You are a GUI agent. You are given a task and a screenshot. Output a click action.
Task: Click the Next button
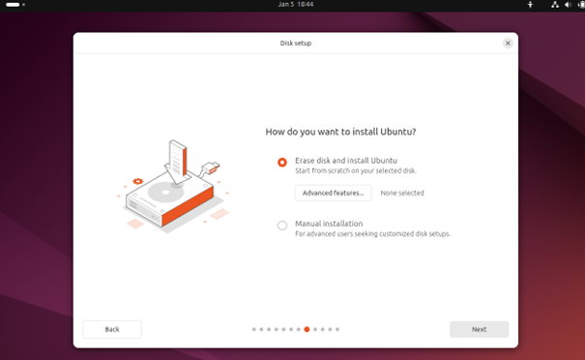[479, 329]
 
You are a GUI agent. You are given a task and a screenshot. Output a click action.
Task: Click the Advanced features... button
[334, 194]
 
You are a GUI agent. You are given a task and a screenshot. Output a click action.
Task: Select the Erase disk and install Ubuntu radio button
[282, 162]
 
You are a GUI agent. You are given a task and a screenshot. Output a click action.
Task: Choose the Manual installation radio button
[282, 225]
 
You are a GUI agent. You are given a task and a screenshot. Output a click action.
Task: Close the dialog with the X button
[508, 43]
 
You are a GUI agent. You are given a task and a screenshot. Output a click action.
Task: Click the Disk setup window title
[296, 43]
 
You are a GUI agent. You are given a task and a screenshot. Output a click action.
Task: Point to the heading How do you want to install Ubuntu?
[340, 132]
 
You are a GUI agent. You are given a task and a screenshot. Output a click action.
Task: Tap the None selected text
[402, 194]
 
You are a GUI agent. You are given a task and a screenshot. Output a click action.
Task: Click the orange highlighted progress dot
[307, 329]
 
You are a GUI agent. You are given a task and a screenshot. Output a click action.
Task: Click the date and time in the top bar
[296, 5]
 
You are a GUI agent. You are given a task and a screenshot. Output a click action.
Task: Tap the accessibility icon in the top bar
[530, 5]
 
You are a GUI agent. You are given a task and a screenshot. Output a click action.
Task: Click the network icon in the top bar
[555, 5]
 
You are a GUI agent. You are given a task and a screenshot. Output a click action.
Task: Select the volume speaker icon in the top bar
[569, 5]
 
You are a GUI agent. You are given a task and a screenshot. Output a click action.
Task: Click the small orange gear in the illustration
[137, 181]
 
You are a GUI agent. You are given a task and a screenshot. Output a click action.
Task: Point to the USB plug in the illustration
[211, 167]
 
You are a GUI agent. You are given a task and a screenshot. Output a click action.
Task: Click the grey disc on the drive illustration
[165, 193]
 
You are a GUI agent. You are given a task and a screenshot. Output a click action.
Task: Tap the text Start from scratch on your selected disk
[356, 170]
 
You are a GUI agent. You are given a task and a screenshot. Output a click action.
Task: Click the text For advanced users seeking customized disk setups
[372, 234]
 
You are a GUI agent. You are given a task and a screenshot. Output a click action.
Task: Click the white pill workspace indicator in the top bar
[13, 5]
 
